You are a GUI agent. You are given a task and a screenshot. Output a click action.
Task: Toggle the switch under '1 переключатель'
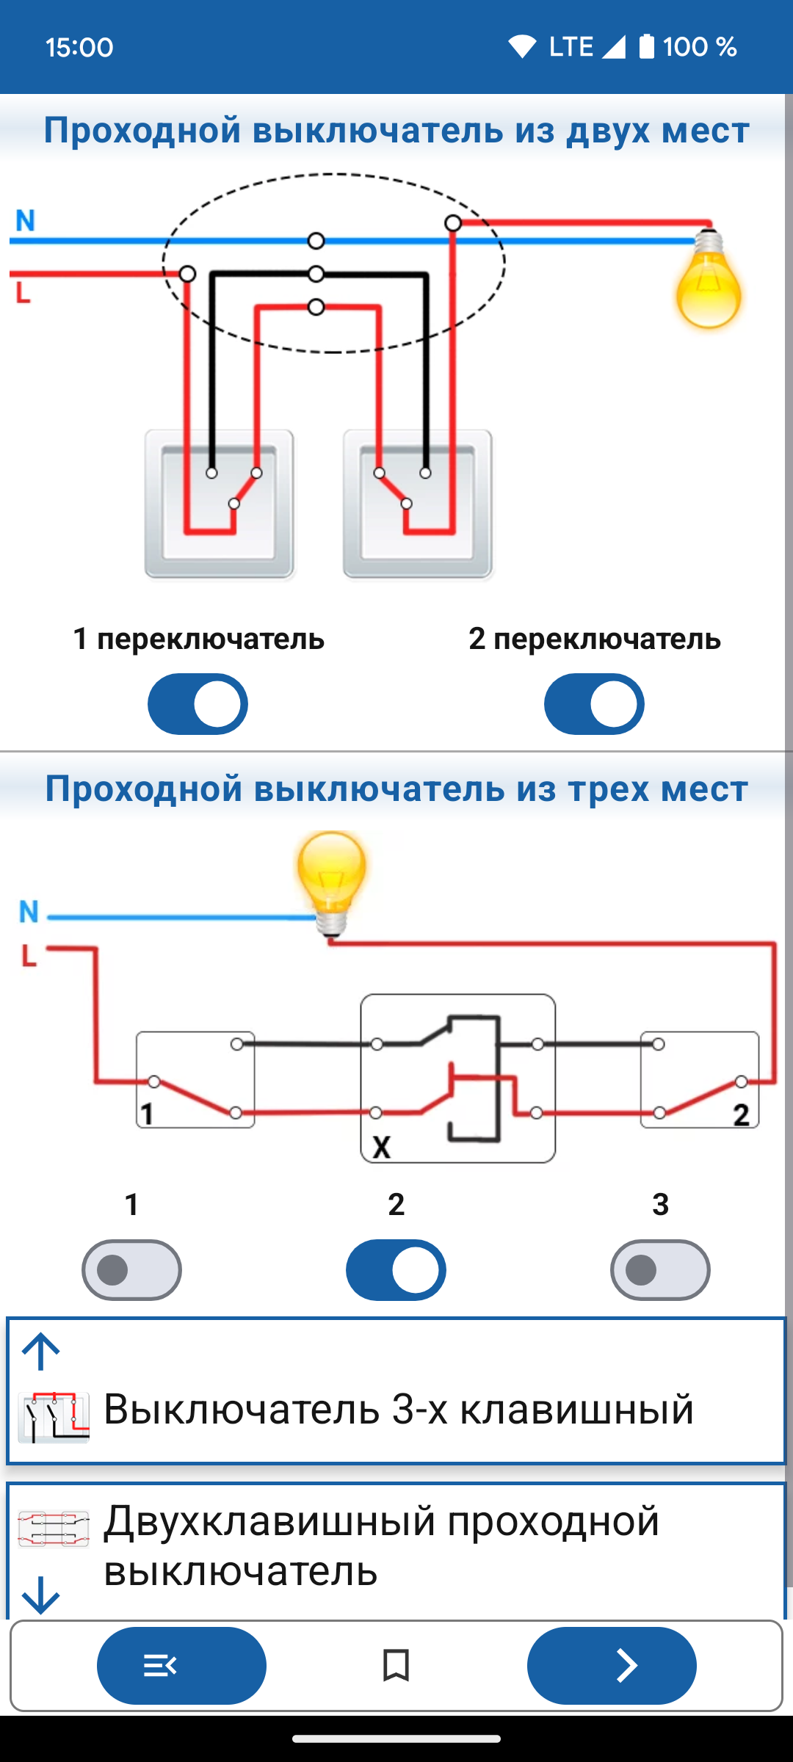tap(198, 704)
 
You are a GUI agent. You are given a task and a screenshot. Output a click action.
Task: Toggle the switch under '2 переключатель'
tap(594, 704)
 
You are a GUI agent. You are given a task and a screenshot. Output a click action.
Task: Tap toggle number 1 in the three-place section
tap(131, 1270)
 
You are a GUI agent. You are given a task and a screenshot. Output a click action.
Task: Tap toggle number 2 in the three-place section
tap(396, 1270)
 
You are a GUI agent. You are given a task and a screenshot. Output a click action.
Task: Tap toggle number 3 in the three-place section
tap(660, 1270)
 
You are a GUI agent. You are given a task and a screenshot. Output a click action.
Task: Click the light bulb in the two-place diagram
tap(709, 279)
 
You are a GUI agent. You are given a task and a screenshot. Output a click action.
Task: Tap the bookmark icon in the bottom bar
tap(396, 1665)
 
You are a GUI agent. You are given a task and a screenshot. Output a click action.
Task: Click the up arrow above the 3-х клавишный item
tap(41, 1352)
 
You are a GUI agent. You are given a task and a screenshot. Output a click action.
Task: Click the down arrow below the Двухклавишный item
tap(41, 1595)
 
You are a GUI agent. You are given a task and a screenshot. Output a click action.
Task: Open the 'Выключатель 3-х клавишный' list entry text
tap(399, 1408)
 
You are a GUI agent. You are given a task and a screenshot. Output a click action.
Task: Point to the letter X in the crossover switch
tap(382, 1147)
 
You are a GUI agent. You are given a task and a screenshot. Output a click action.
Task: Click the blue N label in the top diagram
tap(26, 220)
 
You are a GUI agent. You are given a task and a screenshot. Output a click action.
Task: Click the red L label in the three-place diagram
tap(29, 955)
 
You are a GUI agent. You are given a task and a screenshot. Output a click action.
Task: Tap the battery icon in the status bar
tap(646, 46)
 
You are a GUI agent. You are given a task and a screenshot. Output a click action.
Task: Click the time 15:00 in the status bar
tap(79, 48)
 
